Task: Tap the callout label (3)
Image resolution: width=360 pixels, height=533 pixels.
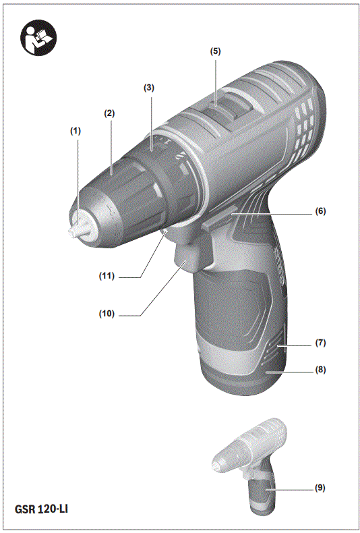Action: pos(149,88)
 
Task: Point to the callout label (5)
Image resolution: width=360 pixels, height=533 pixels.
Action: pos(215,51)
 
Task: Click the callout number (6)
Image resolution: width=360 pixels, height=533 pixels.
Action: pos(320,211)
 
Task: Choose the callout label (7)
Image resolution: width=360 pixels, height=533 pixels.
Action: pos(320,343)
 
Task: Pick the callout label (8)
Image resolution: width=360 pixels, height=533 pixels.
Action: pos(320,370)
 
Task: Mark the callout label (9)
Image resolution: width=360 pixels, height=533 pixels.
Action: pos(320,487)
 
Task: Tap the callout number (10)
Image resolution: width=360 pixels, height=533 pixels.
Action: pos(106,314)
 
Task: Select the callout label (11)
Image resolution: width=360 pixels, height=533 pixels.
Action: pos(106,276)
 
